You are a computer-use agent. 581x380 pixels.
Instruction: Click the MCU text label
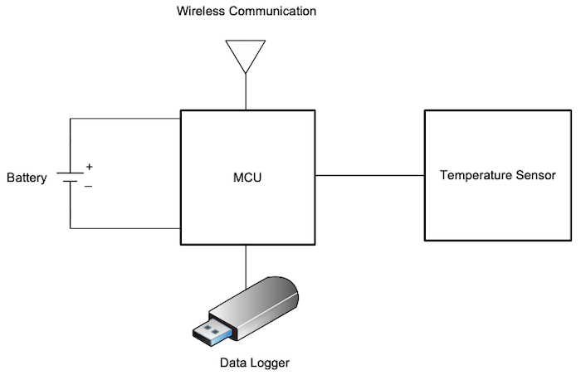click(x=247, y=178)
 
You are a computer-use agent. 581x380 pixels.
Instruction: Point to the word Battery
click(x=27, y=178)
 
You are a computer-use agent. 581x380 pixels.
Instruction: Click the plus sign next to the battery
click(x=89, y=168)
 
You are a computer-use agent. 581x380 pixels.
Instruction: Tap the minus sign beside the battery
click(x=89, y=186)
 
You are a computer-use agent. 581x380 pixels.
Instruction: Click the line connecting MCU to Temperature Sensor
click(x=369, y=175)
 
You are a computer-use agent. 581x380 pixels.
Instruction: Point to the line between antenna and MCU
click(x=247, y=92)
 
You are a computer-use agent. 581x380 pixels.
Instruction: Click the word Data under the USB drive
click(x=232, y=363)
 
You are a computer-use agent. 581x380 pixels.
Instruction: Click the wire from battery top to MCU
click(x=124, y=118)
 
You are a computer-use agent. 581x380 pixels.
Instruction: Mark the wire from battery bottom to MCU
click(x=124, y=228)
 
